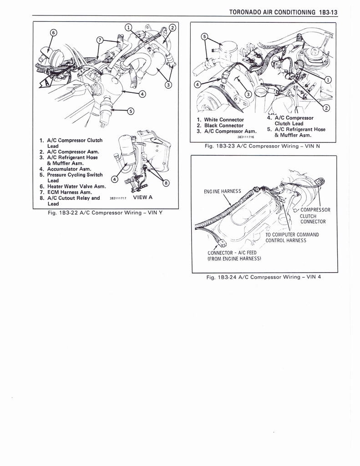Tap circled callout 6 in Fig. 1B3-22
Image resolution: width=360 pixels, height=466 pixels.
pos(53,33)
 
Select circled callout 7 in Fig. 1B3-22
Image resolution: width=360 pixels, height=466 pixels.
pos(100,40)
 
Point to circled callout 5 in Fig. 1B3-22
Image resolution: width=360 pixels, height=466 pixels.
pos(129,110)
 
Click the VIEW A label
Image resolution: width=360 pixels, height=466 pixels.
pos(142,198)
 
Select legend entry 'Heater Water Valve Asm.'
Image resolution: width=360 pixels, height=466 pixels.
pos(73,186)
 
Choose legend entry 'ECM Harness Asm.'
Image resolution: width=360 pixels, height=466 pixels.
pos(66,192)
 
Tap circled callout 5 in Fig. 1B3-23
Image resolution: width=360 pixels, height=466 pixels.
pos(204,36)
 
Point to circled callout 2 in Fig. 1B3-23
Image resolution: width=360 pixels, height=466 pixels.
pos(326,108)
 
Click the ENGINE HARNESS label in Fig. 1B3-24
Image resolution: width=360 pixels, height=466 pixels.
pos(223,191)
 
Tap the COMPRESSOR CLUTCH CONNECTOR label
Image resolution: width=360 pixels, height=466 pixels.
pos(313,216)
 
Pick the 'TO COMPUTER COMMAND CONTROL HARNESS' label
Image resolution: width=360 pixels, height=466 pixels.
pos(292,238)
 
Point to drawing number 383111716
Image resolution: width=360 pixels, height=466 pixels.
pos(245,137)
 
